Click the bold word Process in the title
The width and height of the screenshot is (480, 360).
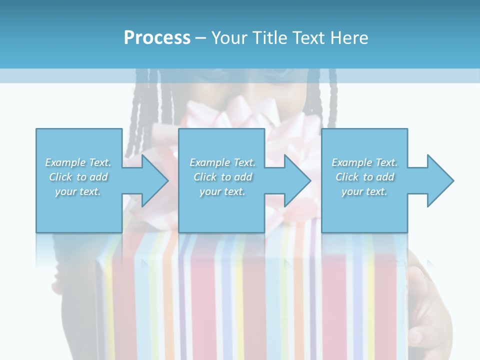pos(157,38)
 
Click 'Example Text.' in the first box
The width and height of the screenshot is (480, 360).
pos(78,162)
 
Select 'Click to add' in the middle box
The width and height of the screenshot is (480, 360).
pos(222,177)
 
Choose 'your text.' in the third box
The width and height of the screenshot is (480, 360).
pos(364,191)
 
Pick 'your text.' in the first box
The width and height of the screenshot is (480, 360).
pos(78,191)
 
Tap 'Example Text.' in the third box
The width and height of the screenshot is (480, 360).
pos(364,162)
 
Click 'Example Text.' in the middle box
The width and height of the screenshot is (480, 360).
pos(222,162)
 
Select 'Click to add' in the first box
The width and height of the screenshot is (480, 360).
pos(78,177)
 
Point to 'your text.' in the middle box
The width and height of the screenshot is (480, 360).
pos(222,191)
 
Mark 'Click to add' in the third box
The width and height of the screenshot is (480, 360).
pos(364,177)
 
